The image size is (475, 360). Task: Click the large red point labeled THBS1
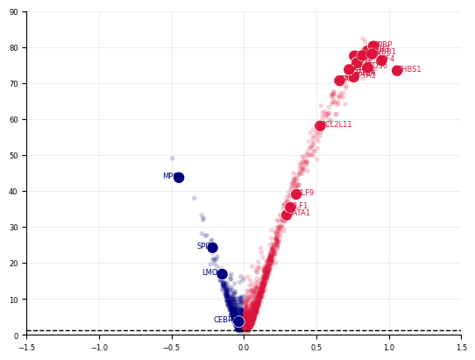[397, 70]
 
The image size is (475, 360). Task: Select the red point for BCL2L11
[320, 125]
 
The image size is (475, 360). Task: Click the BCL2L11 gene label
[338, 125]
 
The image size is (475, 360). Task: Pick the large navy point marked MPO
[179, 177]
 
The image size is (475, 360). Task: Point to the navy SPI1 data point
[212, 247]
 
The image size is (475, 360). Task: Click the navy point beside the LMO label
[222, 273]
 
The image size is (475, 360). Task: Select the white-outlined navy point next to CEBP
[238, 321]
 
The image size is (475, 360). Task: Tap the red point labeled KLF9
[296, 194]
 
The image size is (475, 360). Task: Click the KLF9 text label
[306, 194]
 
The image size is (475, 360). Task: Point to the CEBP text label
[223, 321]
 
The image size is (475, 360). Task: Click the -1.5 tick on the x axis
[26, 347]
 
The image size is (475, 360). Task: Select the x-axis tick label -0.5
[171, 347]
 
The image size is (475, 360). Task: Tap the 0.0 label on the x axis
[244, 347]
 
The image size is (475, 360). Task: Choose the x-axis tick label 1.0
[388, 347]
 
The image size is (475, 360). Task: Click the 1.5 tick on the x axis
[461, 347]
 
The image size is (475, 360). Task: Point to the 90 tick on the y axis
[14, 12]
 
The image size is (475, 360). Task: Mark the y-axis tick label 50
[14, 156]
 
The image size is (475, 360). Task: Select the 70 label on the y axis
[14, 84]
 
